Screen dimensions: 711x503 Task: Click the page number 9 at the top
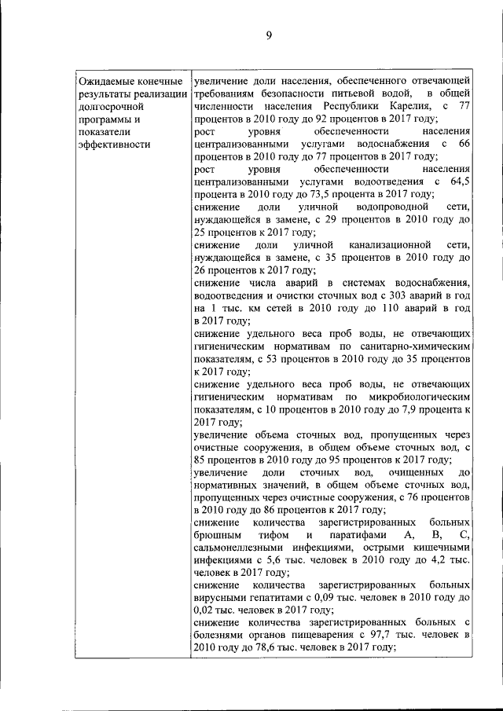point(268,35)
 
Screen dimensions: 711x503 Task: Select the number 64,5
point(460,181)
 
